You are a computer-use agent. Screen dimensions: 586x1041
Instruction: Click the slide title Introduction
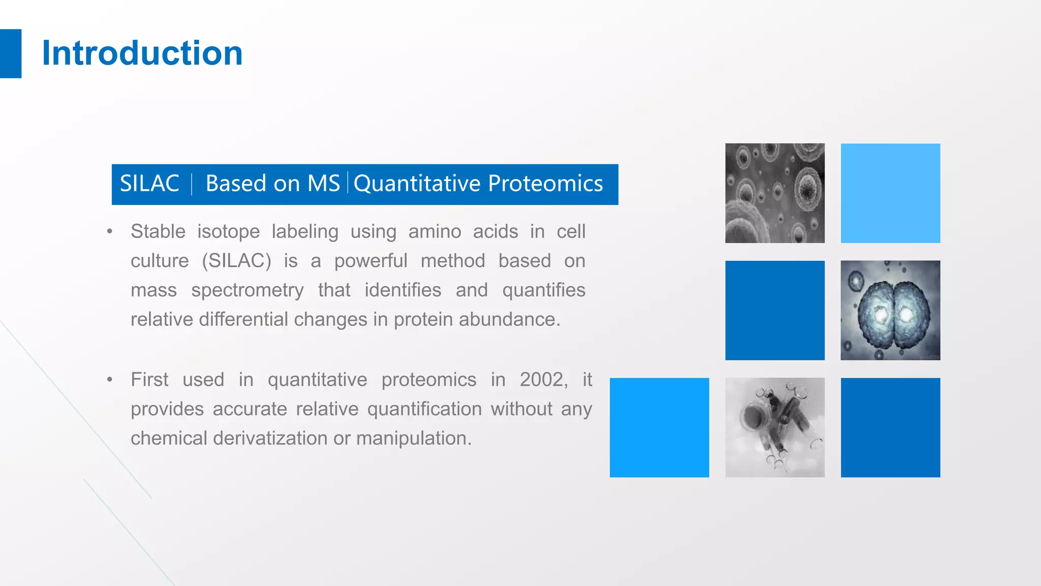[x=142, y=53]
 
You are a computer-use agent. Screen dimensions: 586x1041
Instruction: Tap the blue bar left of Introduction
[x=10, y=53]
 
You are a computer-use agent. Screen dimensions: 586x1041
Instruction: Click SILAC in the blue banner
[x=149, y=184]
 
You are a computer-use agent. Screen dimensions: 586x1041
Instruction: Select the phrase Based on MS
[x=272, y=184]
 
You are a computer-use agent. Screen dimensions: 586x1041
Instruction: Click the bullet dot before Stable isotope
[x=110, y=232]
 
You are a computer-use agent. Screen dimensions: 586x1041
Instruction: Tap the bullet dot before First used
[x=110, y=380]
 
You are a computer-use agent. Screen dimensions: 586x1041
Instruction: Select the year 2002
[x=543, y=379]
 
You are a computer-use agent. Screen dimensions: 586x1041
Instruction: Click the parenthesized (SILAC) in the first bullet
[x=236, y=261]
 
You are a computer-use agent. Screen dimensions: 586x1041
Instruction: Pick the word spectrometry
[x=247, y=290]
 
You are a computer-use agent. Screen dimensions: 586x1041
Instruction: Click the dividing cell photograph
[x=890, y=310]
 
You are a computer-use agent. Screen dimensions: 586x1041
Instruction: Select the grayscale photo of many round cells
[x=775, y=193]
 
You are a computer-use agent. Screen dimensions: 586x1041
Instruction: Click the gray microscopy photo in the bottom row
[x=775, y=427]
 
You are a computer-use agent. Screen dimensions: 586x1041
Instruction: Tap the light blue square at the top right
[x=890, y=193]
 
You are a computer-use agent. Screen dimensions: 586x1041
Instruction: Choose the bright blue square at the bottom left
[x=659, y=427]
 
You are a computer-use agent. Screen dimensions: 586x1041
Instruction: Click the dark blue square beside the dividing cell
[x=775, y=310]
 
